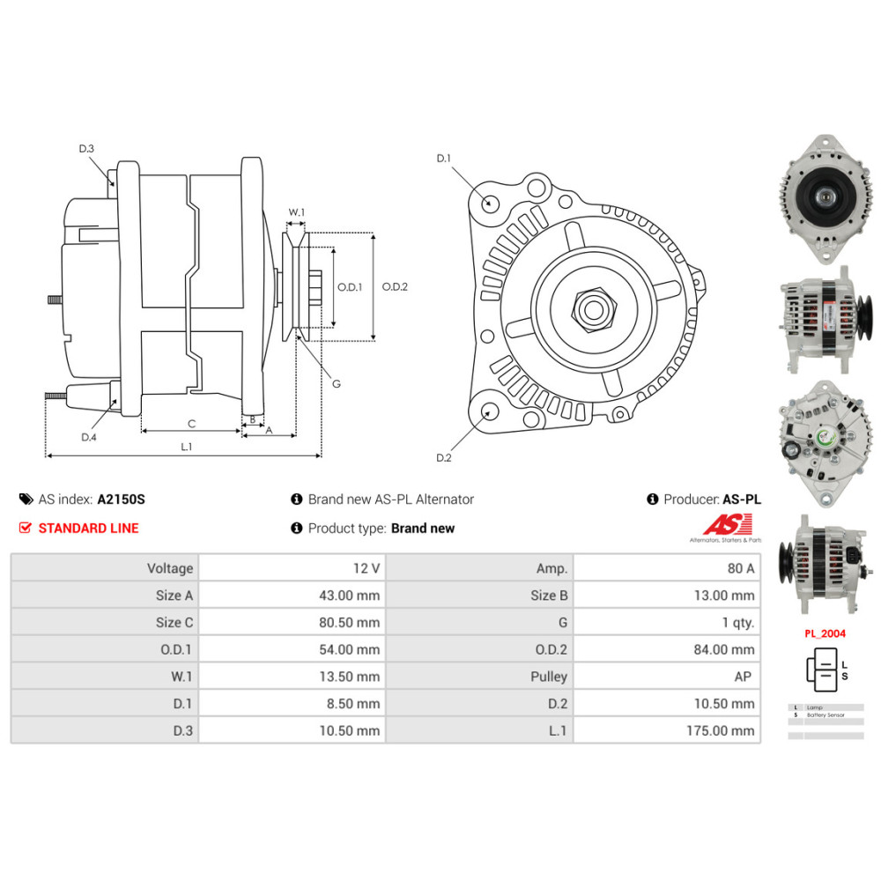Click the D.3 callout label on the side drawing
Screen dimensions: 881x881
pos(86,149)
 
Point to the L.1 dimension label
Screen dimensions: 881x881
pos(187,447)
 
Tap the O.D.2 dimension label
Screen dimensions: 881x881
pos(395,286)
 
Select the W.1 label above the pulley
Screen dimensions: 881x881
pos(297,212)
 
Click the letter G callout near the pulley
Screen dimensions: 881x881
pos(336,383)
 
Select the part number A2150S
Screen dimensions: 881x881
pos(121,500)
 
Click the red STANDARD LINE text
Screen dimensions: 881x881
pos(87,529)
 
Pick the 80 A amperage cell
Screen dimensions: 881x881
pos(738,568)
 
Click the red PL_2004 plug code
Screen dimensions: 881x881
pos(824,632)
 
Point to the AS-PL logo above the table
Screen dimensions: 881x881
pos(725,527)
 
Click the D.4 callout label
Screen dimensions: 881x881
pos(88,437)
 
